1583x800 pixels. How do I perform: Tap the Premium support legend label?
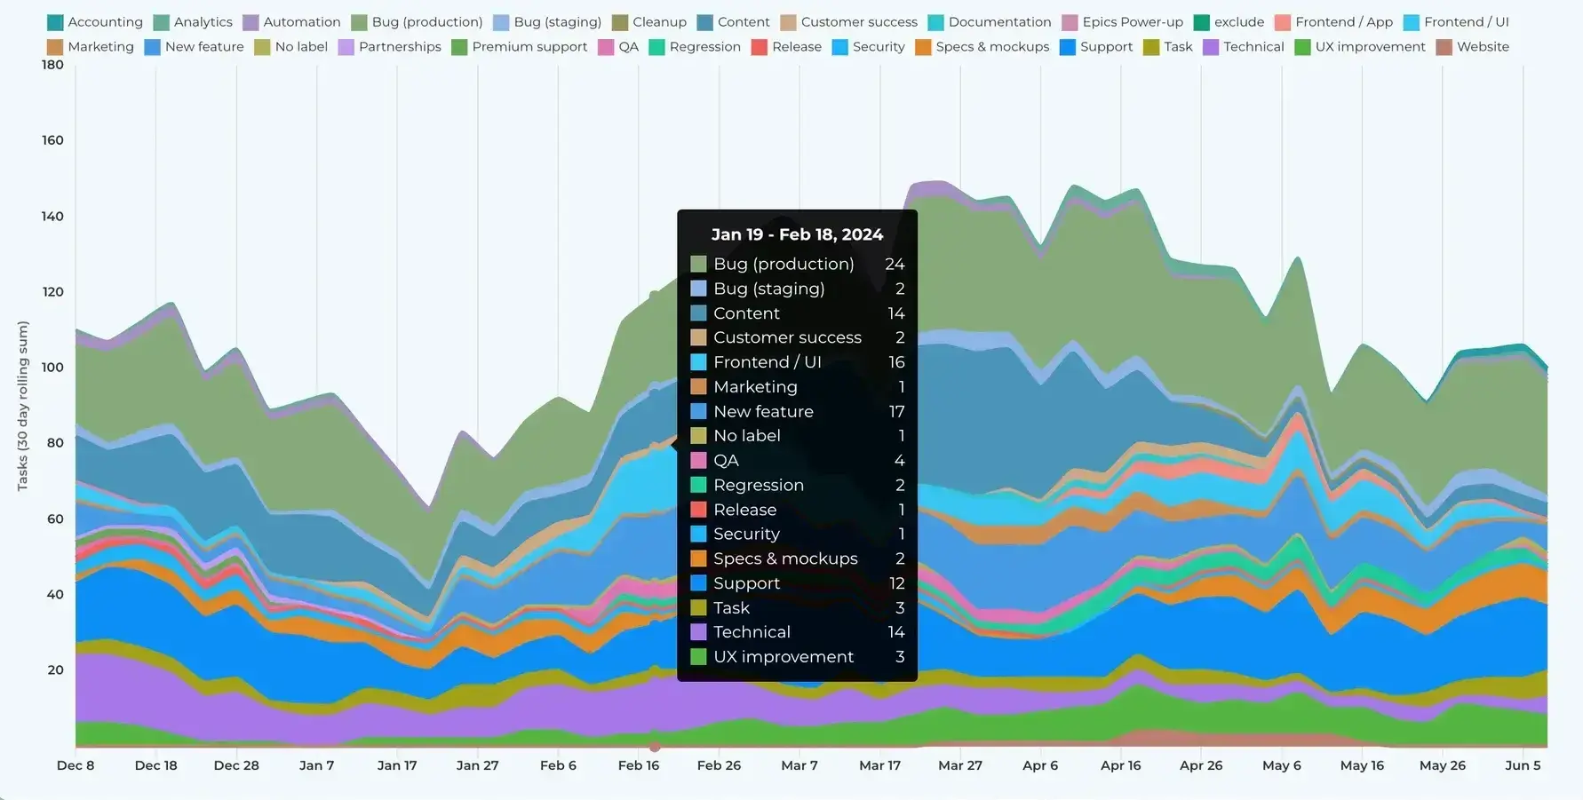coord(529,47)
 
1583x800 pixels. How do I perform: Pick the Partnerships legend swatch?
coord(346,47)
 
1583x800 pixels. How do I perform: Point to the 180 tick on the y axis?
coord(52,65)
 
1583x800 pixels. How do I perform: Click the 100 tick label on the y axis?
coord(52,368)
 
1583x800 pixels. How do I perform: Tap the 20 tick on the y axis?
coord(55,670)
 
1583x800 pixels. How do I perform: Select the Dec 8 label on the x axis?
coord(76,765)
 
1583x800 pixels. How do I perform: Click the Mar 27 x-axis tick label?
coord(960,765)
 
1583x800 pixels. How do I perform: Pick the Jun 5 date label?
coord(1523,765)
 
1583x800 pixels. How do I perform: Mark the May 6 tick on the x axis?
coord(1281,765)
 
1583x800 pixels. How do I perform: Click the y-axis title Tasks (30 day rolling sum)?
coord(23,406)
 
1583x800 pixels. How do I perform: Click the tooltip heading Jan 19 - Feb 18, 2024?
coord(797,234)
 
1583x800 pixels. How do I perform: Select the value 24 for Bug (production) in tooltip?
coord(894,264)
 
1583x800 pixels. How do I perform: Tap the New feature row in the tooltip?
coord(763,411)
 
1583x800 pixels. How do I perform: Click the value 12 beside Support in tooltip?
coord(896,583)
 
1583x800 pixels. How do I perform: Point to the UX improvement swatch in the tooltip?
coord(698,657)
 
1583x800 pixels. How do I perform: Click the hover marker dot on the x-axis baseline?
coord(655,747)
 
